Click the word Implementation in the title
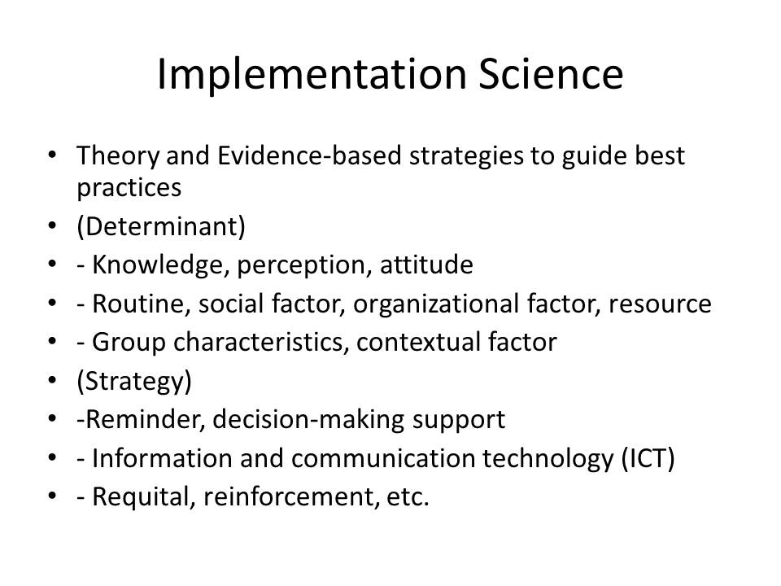312,75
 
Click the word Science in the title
551,74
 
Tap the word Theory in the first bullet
117,156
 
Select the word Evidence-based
309,155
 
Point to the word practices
129,189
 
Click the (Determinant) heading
161,227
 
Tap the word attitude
426,265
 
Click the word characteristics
260,343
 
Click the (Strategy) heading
134,382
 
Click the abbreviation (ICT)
648,459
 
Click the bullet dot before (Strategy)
52,381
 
